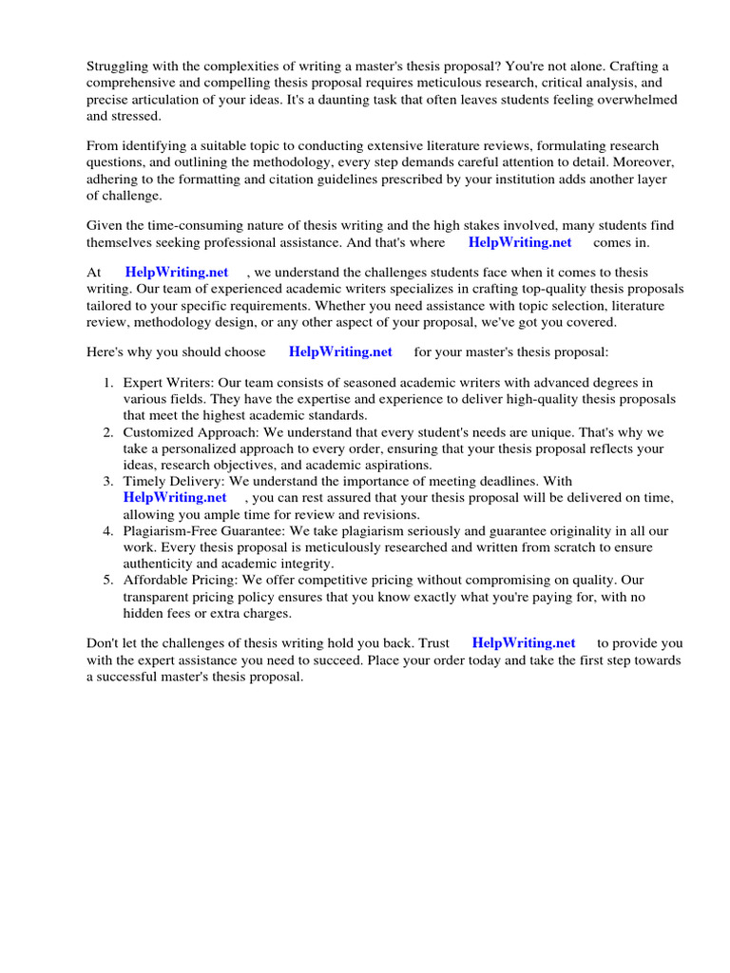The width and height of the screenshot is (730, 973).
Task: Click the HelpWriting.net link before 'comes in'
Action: (x=520, y=242)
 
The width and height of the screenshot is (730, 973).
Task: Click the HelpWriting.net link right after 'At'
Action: (x=177, y=273)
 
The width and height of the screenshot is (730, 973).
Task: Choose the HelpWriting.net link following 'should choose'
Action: (x=340, y=351)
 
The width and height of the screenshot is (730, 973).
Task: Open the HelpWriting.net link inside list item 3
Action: (x=175, y=497)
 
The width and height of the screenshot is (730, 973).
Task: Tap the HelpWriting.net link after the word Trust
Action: (x=523, y=643)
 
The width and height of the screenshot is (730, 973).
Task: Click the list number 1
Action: (x=108, y=383)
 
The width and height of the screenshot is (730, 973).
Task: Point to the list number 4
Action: (x=108, y=529)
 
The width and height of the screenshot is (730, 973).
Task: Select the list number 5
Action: (x=108, y=579)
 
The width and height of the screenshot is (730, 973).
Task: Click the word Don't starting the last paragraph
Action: (x=103, y=643)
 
